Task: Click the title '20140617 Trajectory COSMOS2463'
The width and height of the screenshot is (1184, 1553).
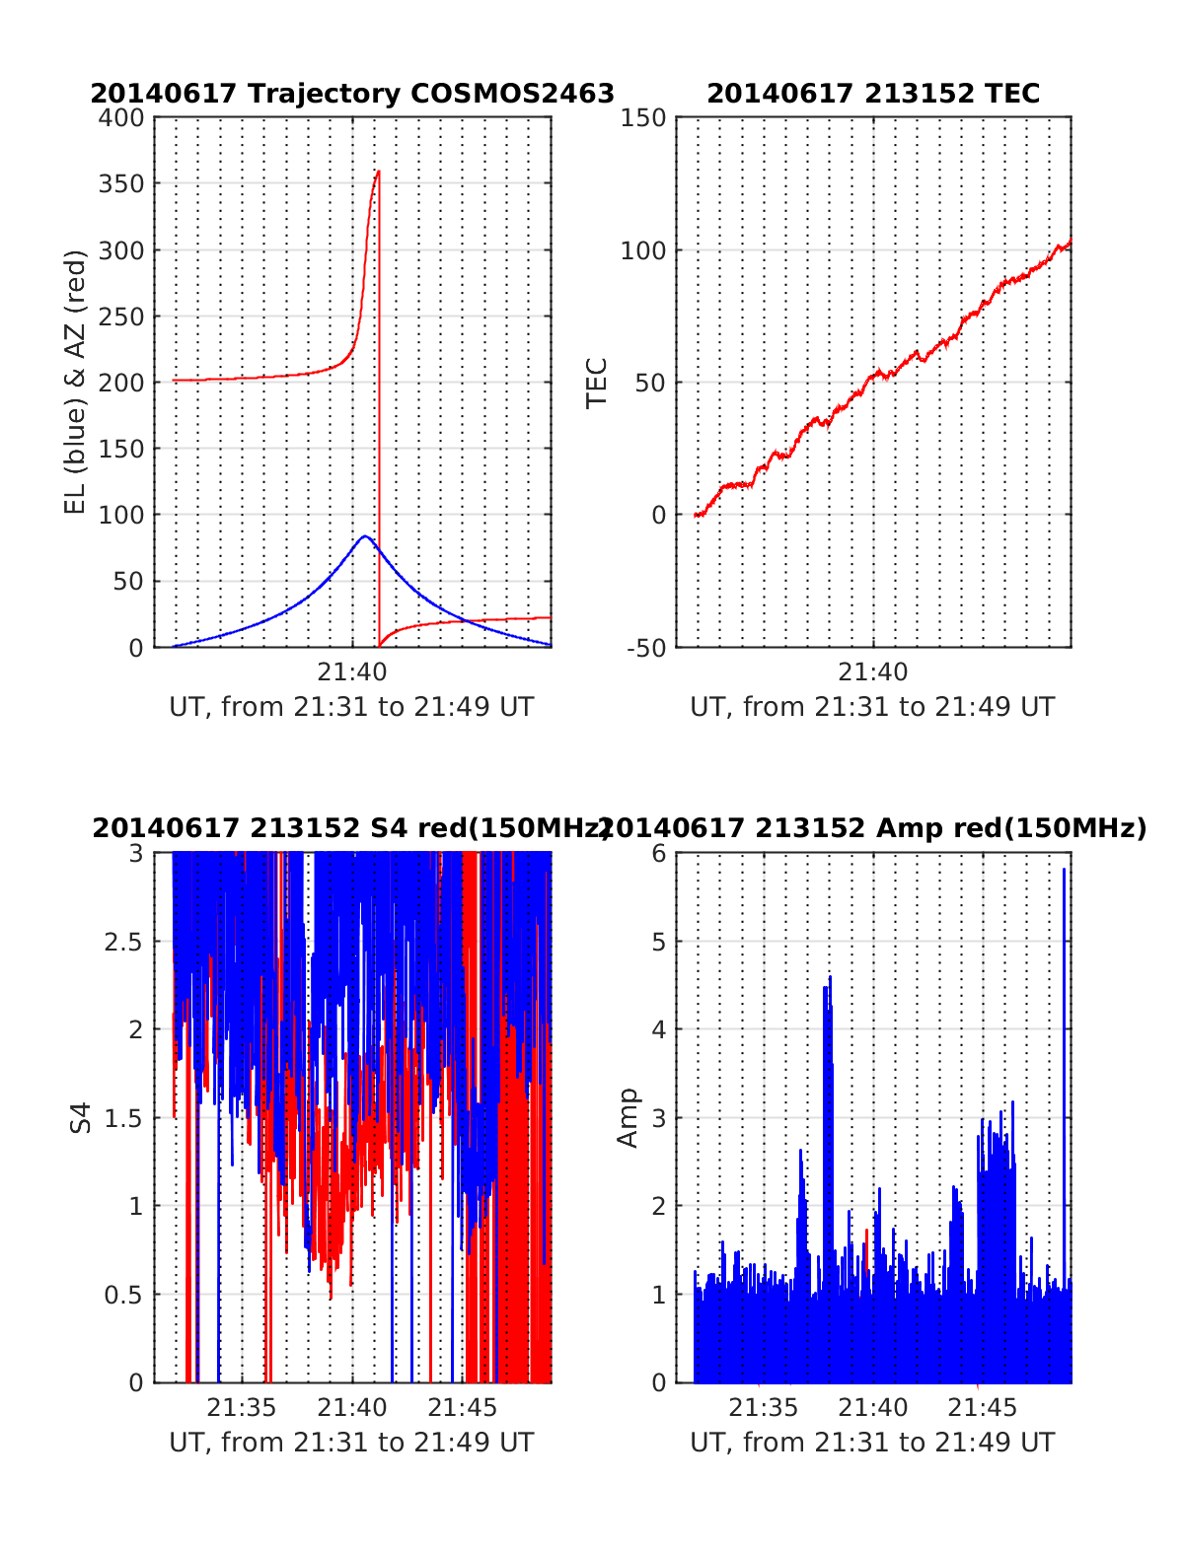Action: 352,94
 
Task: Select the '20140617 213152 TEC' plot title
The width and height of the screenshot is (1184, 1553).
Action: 873,94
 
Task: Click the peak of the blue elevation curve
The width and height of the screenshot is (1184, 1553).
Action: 365,536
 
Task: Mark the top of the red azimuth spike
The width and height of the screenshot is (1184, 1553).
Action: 378,173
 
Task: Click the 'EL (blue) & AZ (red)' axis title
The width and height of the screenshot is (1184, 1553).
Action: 76,382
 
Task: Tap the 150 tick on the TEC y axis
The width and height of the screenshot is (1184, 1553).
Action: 644,118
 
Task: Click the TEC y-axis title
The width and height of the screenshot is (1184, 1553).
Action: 597,383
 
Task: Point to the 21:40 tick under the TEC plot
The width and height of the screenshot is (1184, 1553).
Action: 873,672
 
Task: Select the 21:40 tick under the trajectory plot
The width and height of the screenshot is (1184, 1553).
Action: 352,672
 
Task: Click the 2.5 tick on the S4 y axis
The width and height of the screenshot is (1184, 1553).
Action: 123,942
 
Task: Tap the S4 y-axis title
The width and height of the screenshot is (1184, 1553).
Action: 81,1117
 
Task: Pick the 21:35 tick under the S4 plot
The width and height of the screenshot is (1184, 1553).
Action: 242,1407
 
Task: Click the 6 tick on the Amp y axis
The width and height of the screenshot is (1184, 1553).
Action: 658,854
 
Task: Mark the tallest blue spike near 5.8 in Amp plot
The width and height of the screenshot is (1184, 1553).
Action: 1064,871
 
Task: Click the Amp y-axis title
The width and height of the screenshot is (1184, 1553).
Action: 628,1118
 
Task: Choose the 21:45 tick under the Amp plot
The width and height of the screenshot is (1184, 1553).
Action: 982,1407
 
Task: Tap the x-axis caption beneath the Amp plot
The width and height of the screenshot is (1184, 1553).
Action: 872,1443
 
